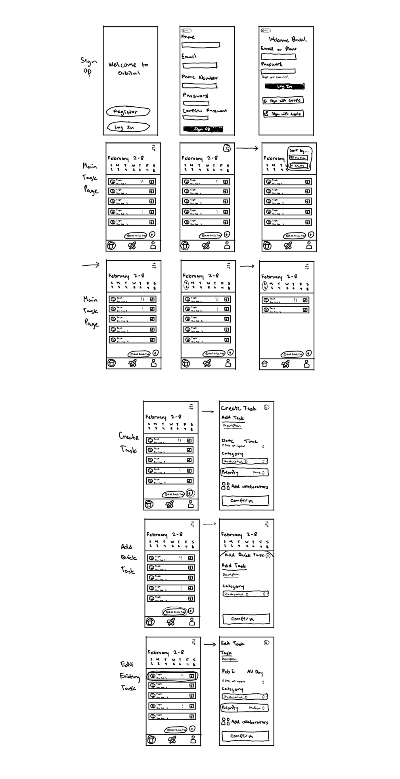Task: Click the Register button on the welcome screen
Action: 128,112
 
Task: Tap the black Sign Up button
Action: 203,129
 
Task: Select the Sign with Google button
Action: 283,100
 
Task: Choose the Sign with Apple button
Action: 283,114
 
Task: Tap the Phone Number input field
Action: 199,85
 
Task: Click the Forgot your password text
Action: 275,77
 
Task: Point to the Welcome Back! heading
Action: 288,39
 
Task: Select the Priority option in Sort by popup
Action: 299,166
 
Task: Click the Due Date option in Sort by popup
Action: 298,157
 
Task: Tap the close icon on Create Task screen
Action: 266,407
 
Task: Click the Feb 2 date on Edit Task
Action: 228,671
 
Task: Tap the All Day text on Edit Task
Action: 255,672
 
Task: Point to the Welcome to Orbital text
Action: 128,68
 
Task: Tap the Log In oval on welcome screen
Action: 128,127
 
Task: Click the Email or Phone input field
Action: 278,57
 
